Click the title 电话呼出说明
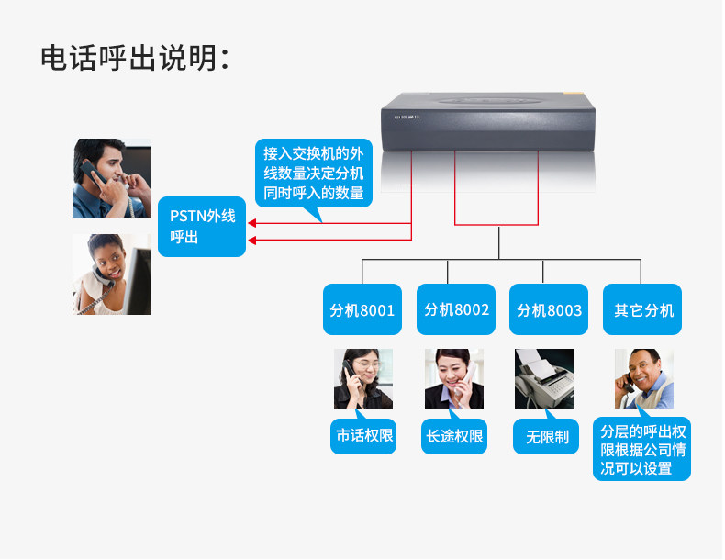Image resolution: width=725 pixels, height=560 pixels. pos(134,59)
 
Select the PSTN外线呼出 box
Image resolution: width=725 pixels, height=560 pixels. pos(202,226)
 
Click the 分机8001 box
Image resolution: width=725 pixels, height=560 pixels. pos(362,309)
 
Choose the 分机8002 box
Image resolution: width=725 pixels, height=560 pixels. pos(456,309)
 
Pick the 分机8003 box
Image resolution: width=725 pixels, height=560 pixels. pos(549,309)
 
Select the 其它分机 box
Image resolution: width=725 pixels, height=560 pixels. pos(643,309)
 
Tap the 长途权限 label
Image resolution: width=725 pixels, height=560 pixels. pos(454,436)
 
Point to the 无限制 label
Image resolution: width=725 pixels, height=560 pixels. pos(547,437)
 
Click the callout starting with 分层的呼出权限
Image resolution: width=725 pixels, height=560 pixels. pos(642,450)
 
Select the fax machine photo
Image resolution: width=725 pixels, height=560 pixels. pos(544,378)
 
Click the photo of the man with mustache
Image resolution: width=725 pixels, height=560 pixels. pos(643,378)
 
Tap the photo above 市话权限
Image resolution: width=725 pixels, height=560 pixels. pos(362,378)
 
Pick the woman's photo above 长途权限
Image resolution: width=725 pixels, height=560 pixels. pos(453,378)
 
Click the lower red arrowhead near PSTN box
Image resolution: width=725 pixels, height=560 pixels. pos(252,241)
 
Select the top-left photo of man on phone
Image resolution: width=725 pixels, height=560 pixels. pos(111,178)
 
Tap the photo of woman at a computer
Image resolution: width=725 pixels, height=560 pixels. pos(111,274)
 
